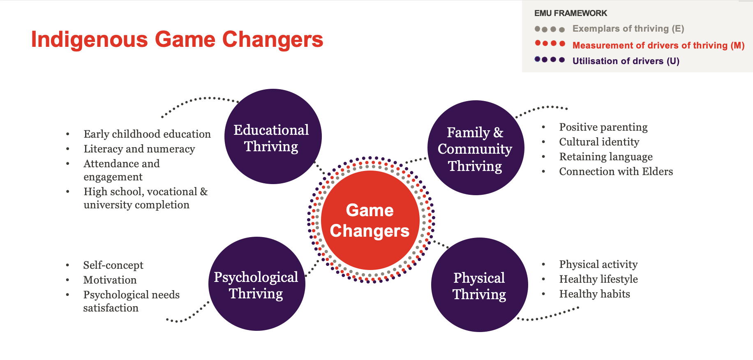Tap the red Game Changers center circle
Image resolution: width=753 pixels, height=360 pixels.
(370, 220)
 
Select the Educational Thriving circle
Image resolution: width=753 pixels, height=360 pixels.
(273, 136)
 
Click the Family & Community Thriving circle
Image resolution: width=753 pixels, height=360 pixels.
(476, 148)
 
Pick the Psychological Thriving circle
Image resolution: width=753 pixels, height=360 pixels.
(257, 284)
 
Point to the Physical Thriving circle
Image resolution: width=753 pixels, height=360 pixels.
(480, 285)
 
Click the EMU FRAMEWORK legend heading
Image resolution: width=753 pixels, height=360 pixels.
(571, 13)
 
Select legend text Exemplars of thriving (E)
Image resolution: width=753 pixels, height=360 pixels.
(628, 29)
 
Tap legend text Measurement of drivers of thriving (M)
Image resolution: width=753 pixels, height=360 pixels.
(658, 45)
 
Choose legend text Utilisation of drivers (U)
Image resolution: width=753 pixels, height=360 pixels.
(626, 61)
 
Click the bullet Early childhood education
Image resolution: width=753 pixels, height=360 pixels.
(147, 134)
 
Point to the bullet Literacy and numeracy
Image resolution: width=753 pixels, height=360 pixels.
(139, 149)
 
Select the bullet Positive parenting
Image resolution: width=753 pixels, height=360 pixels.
(603, 127)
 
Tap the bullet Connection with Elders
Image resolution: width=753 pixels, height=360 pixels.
(616, 171)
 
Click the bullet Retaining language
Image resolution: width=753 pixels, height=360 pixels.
(606, 157)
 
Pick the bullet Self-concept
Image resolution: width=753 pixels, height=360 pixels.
(113, 265)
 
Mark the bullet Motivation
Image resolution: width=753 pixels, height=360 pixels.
(110, 280)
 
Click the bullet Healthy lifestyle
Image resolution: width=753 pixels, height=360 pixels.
(598, 279)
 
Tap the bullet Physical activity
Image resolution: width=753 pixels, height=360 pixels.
(598, 264)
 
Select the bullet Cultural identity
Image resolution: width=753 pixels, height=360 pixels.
(599, 142)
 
